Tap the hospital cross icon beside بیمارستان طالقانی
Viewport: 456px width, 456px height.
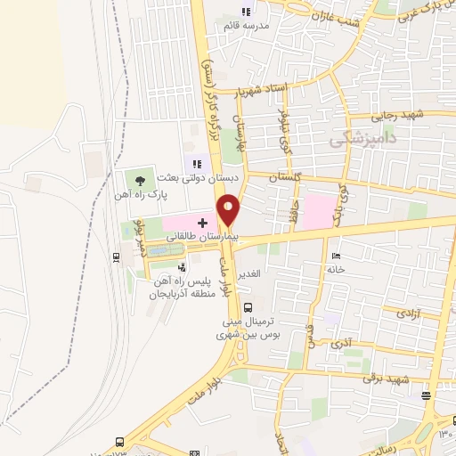tap(202, 222)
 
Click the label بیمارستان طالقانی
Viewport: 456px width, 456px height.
tap(191, 239)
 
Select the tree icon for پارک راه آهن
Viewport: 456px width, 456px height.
tap(139, 179)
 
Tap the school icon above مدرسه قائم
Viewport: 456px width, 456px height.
tap(246, 12)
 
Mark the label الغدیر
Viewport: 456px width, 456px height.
tap(249, 273)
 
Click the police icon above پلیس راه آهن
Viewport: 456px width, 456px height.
tap(181, 266)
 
